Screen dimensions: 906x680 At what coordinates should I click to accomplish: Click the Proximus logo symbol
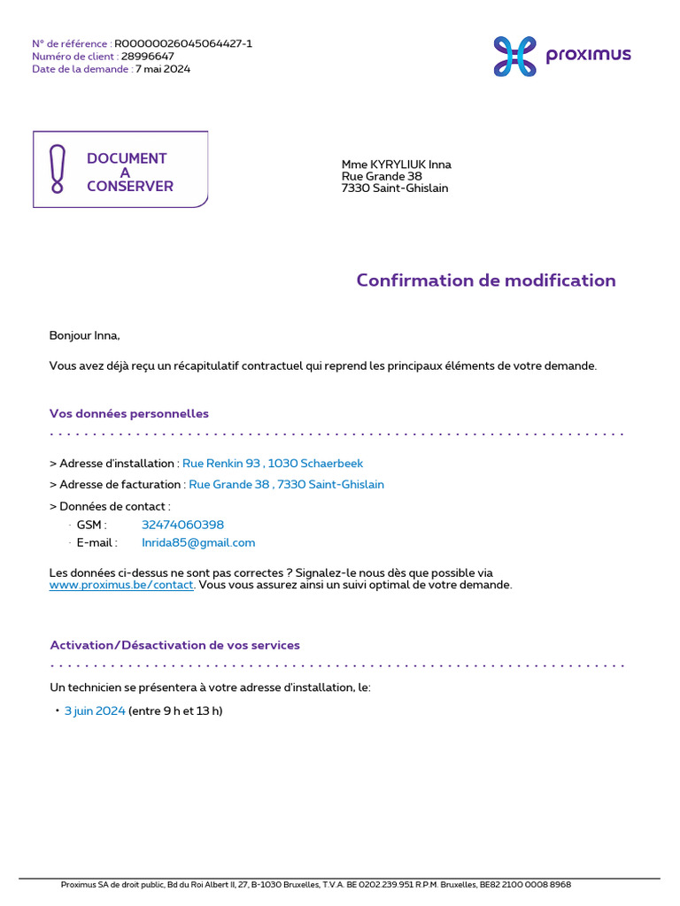(515, 57)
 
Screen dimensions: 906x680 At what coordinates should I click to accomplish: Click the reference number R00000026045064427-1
(183, 43)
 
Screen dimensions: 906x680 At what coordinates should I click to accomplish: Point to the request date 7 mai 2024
(163, 69)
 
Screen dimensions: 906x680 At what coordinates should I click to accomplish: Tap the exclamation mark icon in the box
(58, 169)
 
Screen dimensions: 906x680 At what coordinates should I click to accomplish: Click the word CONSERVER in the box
(130, 187)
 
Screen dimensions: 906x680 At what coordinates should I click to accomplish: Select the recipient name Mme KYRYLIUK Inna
(397, 165)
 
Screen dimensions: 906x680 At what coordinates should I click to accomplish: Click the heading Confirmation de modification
(486, 280)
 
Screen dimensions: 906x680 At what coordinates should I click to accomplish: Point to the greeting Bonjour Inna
(84, 335)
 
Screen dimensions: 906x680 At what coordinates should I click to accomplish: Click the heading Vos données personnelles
(129, 413)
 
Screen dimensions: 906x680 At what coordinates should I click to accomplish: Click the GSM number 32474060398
(182, 525)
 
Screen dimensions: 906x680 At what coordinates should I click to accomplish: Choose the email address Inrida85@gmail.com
(198, 542)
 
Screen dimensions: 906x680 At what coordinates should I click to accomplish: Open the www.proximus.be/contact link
(121, 586)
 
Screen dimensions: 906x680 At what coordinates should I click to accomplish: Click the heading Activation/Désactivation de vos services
(175, 645)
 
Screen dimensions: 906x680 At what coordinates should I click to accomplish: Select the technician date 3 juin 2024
(95, 710)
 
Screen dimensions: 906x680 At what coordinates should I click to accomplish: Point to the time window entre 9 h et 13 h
(175, 710)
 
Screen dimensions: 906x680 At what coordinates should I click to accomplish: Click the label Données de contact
(112, 506)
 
